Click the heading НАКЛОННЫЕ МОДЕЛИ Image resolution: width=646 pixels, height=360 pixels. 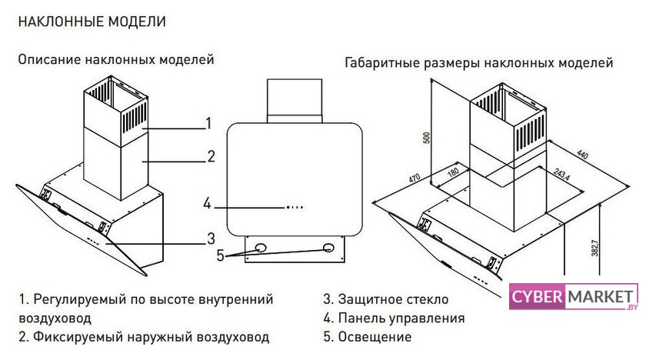(x=92, y=22)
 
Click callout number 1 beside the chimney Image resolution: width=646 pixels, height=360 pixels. (x=208, y=123)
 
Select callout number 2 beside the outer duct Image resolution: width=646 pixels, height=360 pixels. (x=211, y=157)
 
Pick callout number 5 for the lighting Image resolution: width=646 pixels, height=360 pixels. (x=221, y=255)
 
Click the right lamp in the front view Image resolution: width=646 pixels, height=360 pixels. (x=329, y=248)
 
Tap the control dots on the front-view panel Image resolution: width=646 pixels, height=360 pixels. (x=294, y=207)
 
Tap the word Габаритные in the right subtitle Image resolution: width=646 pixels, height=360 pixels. (x=381, y=62)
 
